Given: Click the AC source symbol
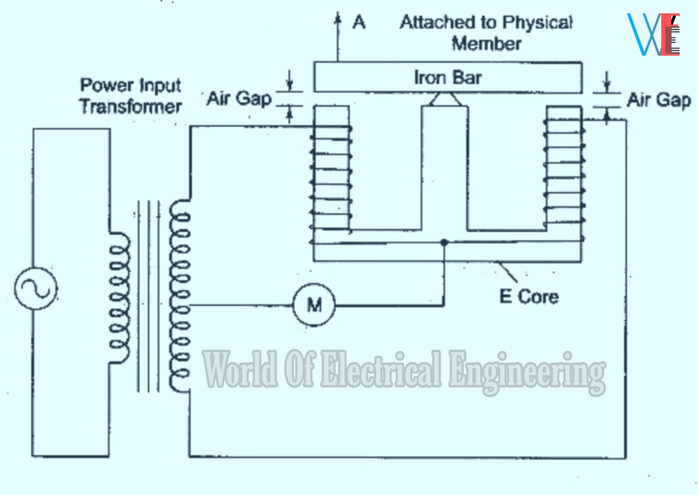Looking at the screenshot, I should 36,288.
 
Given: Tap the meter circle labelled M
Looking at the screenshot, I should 314,304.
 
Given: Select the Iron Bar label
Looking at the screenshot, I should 447,77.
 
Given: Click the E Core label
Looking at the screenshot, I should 529,297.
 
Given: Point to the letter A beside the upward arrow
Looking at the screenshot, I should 359,22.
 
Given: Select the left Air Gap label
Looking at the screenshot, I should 239,98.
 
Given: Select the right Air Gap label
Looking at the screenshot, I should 659,99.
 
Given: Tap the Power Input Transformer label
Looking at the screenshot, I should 131,96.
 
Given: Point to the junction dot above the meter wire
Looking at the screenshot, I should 444,242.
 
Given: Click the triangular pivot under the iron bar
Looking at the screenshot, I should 445,99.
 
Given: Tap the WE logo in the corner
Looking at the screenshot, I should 654,34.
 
